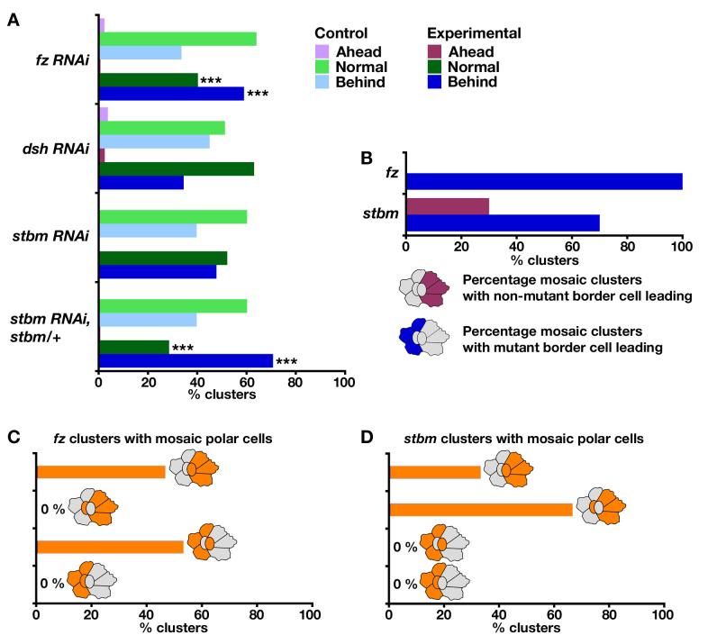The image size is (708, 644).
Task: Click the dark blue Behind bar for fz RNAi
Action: click(x=171, y=93)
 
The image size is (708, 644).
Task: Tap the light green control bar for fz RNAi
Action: click(x=177, y=39)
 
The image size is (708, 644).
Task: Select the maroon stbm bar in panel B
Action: click(x=448, y=206)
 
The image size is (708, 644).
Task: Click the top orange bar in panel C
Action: click(x=101, y=471)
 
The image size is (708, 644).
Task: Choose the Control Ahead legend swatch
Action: click(x=319, y=51)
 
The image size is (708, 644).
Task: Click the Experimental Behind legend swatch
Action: click(x=437, y=82)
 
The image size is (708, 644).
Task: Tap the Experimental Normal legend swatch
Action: click(x=437, y=67)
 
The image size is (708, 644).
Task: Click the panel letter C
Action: click(x=14, y=437)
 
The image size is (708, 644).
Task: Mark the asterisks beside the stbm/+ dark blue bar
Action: click(x=286, y=361)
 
